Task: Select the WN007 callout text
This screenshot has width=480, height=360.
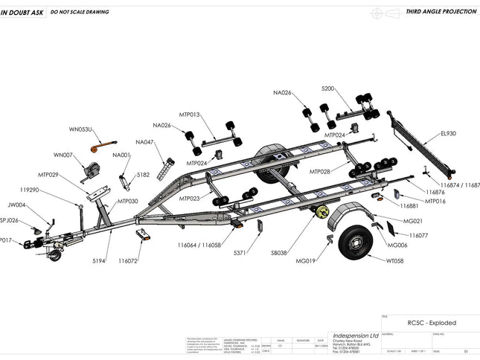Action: tap(63, 155)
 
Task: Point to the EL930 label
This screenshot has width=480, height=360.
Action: tap(449, 134)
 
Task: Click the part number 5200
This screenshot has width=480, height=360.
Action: tap(328, 89)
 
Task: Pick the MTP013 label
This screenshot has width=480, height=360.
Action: tap(190, 115)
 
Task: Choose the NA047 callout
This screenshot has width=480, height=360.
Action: tap(145, 142)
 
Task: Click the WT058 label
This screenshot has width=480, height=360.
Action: tap(395, 261)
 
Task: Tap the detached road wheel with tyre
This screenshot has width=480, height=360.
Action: tap(354, 241)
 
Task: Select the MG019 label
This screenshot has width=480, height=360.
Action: tap(307, 261)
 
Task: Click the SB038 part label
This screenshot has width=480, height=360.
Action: tap(279, 253)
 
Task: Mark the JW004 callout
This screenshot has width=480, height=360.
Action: tap(16, 205)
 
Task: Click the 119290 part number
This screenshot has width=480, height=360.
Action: tap(29, 190)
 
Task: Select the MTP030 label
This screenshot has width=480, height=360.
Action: tap(127, 201)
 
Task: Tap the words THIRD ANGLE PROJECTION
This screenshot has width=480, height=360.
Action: tap(441, 12)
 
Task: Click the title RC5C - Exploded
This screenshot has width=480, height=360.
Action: tap(432, 323)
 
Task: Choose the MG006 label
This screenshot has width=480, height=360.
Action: tap(397, 245)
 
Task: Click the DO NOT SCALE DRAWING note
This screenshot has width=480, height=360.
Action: tap(80, 12)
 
